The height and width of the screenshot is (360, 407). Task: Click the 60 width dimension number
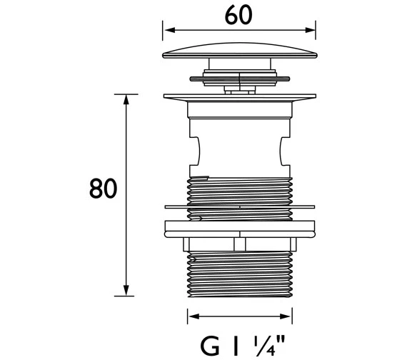238,15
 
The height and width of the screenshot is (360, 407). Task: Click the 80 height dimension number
103,189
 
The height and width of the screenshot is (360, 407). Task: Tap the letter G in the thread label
210,346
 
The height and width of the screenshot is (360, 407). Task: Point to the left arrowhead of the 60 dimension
170,30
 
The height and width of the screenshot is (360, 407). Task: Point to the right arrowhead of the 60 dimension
310,30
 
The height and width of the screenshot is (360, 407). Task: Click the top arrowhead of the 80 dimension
126,99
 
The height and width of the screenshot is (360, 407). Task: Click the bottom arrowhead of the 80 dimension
126,291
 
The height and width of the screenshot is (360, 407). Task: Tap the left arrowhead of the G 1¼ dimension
194,316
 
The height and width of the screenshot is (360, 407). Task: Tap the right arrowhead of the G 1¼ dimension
286,316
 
